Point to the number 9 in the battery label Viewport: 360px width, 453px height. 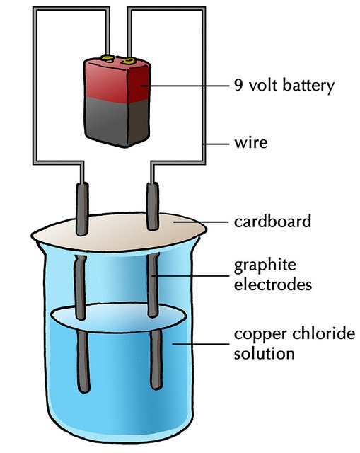click(238, 86)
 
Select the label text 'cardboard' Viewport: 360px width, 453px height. click(272, 222)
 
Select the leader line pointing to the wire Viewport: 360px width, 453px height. click(216, 145)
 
